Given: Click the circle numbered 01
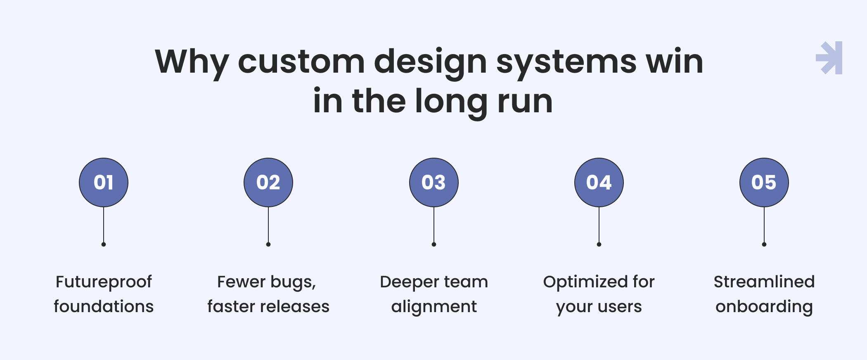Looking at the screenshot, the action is point(104,182).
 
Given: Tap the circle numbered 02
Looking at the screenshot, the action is point(268,182).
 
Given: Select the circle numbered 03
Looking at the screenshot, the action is point(434,182).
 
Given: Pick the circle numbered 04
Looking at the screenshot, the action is point(599,182).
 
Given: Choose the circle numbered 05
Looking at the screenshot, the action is point(764,182).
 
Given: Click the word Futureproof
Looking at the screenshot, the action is point(104,282).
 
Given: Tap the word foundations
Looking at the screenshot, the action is point(104,306).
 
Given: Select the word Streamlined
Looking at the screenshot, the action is point(764,282).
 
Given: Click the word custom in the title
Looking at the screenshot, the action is point(301,62).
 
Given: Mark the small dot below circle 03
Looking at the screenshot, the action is point(434,244).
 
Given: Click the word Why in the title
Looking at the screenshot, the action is point(192,64).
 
